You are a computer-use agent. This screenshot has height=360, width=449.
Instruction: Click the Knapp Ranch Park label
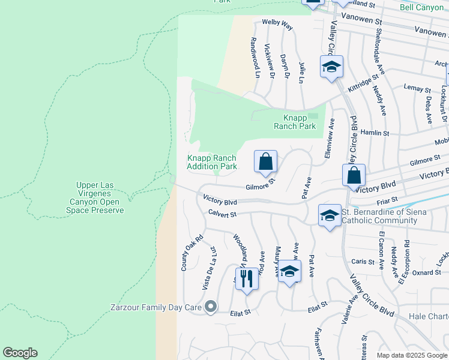(294, 122)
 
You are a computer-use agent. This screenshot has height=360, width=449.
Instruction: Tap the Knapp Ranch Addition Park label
(211, 162)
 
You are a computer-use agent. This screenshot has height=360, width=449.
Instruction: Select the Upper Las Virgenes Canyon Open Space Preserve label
(100, 197)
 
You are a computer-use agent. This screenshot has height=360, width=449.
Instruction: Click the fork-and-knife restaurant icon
(247, 279)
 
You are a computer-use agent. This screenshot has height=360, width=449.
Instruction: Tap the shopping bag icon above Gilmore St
(265, 161)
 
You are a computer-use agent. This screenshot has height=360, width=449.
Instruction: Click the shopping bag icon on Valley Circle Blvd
(354, 175)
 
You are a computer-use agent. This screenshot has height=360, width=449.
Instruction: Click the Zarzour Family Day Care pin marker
(210, 308)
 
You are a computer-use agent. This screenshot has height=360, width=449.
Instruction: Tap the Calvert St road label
(223, 214)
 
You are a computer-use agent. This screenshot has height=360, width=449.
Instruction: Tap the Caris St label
(363, 262)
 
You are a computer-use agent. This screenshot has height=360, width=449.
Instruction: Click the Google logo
(20, 353)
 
